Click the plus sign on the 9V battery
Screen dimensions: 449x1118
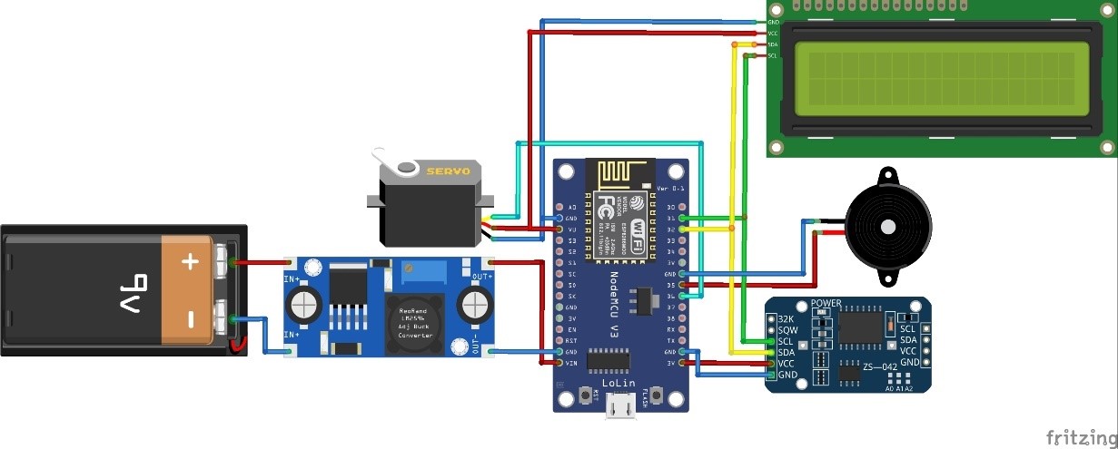190,262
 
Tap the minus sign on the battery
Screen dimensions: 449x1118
190,319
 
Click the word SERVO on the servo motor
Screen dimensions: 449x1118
449,171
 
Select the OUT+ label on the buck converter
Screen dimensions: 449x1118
481,276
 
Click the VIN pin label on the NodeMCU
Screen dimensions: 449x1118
571,363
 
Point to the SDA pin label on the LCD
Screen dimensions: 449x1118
772,44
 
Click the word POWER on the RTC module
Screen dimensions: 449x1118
826,303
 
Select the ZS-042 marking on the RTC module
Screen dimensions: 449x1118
880,366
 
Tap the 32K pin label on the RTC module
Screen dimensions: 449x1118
787,319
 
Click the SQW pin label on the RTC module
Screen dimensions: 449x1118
787,331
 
